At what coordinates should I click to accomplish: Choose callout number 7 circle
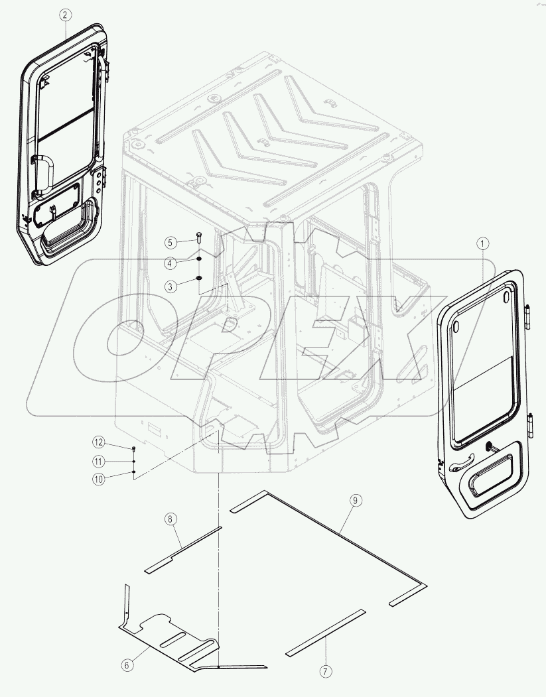tap(325, 671)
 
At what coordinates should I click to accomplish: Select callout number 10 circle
tap(98, 479)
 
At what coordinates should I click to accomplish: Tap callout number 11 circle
tap(98, 461)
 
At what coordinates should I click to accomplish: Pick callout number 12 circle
tap(98, 442)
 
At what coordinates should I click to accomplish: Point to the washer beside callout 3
tap(198, 278)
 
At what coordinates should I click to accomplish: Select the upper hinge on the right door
tap(529, 316)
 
